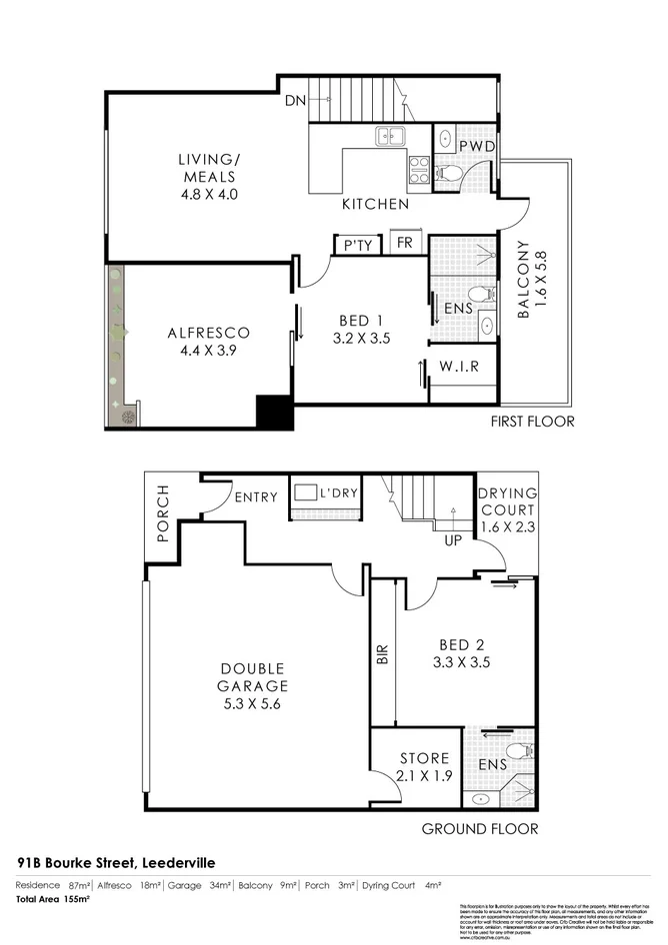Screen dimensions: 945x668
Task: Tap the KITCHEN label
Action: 375,204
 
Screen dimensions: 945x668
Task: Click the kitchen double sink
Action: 389,137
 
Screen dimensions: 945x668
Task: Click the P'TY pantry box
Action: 357,246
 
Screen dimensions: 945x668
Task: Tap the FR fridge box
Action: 405,244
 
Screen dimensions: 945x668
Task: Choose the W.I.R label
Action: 459,367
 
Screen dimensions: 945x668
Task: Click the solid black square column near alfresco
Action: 272,412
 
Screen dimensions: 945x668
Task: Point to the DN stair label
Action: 295,100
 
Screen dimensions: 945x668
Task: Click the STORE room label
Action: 424,758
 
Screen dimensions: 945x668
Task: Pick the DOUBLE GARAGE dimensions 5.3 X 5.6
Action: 254,703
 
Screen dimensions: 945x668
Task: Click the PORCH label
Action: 164,514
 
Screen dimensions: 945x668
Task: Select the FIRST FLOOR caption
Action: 532,421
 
